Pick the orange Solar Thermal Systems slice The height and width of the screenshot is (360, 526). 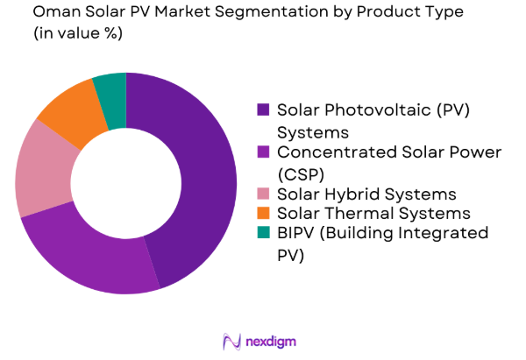click(70, 109)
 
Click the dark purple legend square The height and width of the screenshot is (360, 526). click(263, 110)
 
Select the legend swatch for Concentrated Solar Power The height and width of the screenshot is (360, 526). click(263, 152)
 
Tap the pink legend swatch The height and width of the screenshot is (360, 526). click(263, 194)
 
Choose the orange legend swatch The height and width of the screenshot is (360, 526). click(263, 214)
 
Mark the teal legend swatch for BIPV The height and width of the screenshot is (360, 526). click(263, 234)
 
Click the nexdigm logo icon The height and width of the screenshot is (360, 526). click(232, 341)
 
